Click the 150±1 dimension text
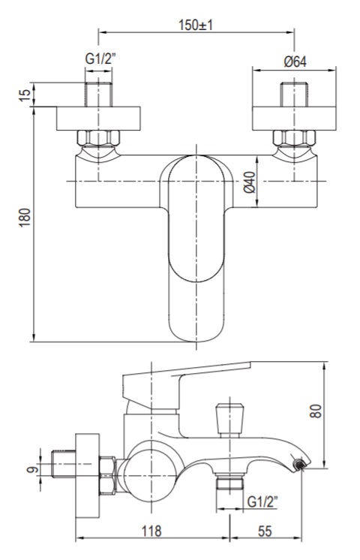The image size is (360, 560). click(196, 26)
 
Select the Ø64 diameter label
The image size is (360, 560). click(295, 62)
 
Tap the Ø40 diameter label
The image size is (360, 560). click(250, 182)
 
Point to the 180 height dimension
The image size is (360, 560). click(25, 217)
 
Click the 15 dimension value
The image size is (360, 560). click(25, 95)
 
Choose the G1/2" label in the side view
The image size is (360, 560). click(262, 502)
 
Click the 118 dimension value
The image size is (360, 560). click(151, 531)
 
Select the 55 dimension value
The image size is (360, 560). click(265, 531)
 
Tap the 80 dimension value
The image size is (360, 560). click(316, 411)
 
